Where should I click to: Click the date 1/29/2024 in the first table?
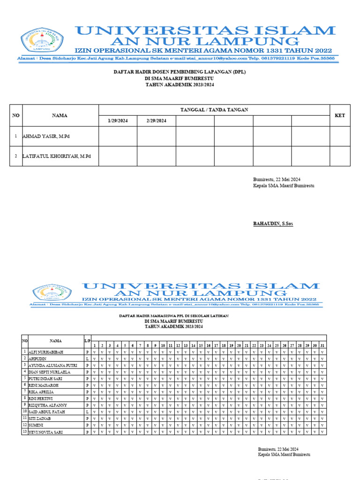117,121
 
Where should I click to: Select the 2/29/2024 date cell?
156,121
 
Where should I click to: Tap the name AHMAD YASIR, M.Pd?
49,136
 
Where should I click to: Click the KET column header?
339,115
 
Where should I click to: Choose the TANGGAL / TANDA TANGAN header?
214,110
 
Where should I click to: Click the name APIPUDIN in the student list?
38,358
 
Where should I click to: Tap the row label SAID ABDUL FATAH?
46,412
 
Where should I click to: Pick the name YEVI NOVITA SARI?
45,432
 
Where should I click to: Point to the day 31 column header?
322,345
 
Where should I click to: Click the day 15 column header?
201,345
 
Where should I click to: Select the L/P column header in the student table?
87,341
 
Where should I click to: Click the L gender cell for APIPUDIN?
87,358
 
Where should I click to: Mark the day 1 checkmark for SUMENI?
95,425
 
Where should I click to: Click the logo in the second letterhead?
52,292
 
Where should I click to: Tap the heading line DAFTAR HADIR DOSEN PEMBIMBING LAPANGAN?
180,72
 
